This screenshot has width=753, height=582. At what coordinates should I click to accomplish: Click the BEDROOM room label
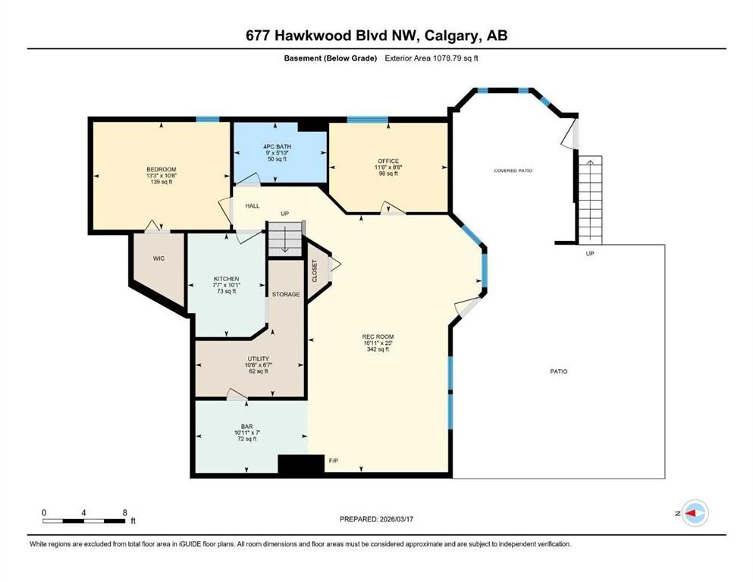click(x=162, y=169)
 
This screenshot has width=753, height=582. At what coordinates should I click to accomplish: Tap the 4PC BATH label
click(x=278, y=146)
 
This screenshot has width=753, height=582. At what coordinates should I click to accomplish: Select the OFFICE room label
click(x=388, y=161)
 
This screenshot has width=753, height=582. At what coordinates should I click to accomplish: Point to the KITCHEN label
click(x=226, y=279)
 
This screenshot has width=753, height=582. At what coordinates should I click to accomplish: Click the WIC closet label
click(x=158, y=258)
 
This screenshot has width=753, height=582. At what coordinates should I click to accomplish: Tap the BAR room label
click(x=247, y=426)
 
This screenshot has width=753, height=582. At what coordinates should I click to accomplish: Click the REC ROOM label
click(x=378, y=336)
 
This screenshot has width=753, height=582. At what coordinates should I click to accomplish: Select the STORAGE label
click(x=286, y=294)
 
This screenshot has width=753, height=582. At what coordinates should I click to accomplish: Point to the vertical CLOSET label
click(x=315, y=271)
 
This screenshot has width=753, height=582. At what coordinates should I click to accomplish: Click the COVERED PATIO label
click(x=513, y=171)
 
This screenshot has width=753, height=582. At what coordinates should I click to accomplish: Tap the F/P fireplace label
click(x=333, y=460)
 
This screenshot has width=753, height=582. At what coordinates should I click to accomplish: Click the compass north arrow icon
click(x=694, y=513)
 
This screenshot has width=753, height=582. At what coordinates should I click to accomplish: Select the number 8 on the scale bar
click(x=124, y=512)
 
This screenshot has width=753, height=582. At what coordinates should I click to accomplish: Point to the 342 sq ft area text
click(x=378, y=349)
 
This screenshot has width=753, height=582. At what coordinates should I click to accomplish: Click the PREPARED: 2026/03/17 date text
click(x=376, y=519)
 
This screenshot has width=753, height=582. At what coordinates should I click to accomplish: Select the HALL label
click(x=253, y=205)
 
